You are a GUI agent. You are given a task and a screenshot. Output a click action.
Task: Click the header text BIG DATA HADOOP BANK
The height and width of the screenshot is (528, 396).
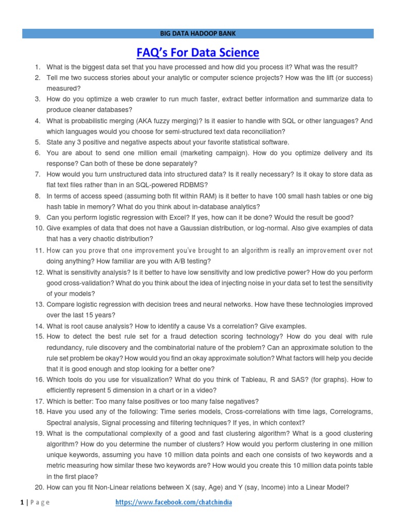(197, 34)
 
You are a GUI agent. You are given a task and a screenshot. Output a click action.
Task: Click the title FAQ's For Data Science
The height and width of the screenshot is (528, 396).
(197, 53)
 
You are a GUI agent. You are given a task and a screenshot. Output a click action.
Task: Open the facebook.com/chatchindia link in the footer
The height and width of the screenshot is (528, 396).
(168, 503)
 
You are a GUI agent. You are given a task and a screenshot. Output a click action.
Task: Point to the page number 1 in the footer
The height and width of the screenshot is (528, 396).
(23, 503)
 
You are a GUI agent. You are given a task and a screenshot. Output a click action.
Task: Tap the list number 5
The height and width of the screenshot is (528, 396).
(38, 142)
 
